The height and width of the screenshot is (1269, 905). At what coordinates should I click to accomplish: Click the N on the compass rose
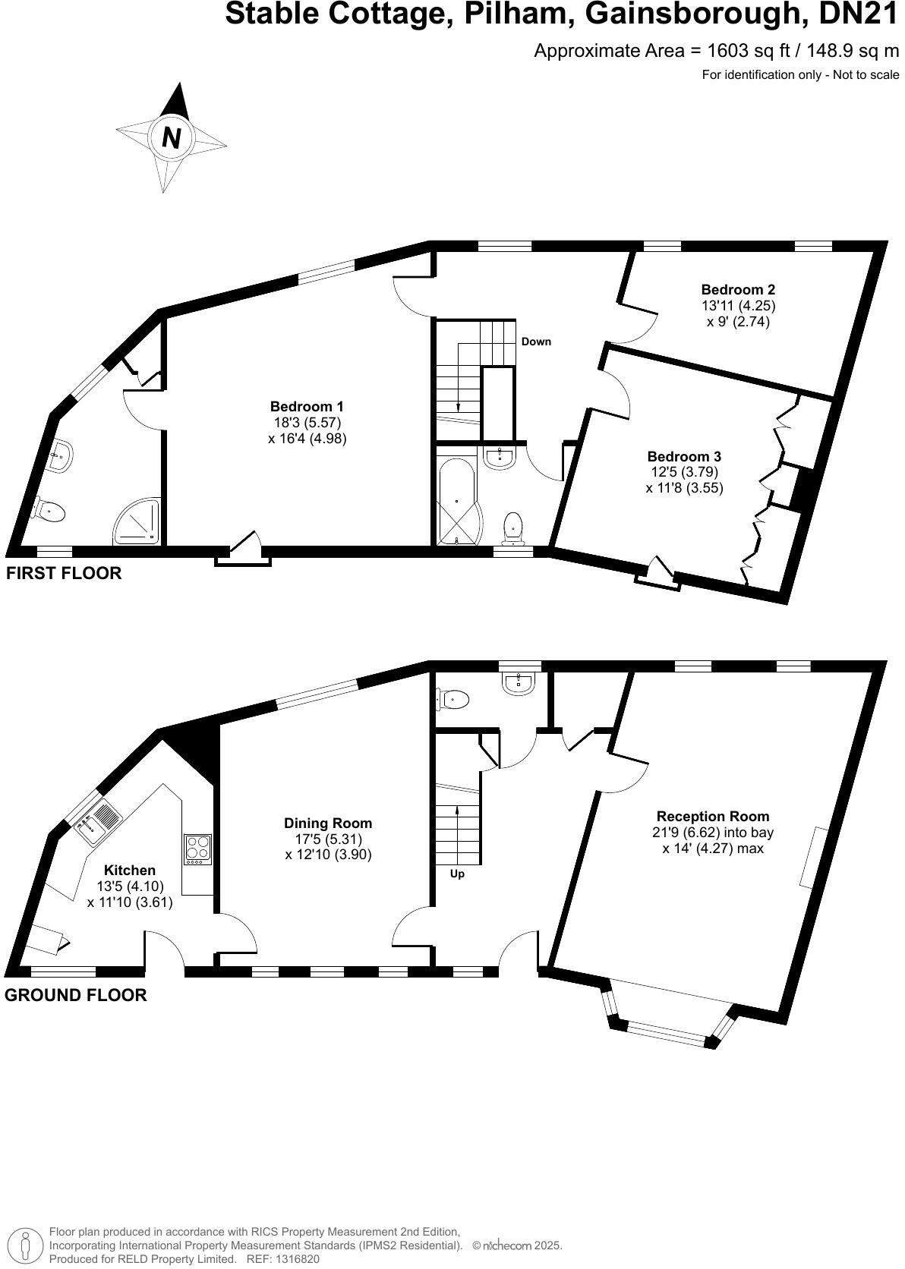(x=172, y=138)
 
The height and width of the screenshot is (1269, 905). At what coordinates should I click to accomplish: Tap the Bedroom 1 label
(x=307, y=406)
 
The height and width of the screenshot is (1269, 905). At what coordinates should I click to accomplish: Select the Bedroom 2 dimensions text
(x=737, y=313)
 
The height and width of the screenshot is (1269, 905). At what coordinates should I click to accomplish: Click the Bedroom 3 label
(x=683, y=456)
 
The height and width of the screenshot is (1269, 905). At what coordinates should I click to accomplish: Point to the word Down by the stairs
(x=536, y=342)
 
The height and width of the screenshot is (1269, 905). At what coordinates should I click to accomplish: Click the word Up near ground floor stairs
(x=457, y=874)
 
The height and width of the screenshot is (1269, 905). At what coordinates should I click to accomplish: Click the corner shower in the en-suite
(x=139, y=521)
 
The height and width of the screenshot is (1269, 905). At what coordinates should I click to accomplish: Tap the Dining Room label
(x=328, y=823)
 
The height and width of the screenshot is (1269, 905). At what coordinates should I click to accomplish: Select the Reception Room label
(x=712, y=816)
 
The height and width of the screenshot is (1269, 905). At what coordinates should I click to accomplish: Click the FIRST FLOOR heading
(x=64, y=573)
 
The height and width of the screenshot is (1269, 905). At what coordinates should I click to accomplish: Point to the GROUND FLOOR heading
(x=75, y=995)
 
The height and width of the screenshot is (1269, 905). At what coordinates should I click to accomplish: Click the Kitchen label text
(x=130, y=871)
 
